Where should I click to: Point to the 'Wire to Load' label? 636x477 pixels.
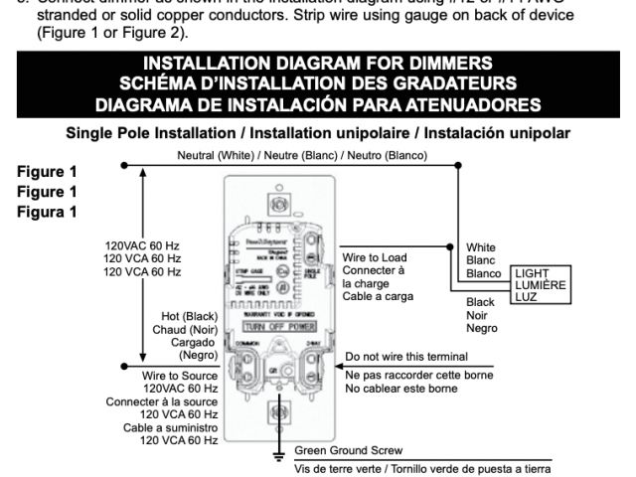pyautogui.click(x=374, y=256)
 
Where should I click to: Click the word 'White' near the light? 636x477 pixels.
pyautogui.click(x=481, y=247)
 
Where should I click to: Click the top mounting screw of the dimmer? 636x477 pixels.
pyautogui.click(x=279, y=206)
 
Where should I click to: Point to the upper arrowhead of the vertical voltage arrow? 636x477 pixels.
pyautogui.click(x=143, y=172)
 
